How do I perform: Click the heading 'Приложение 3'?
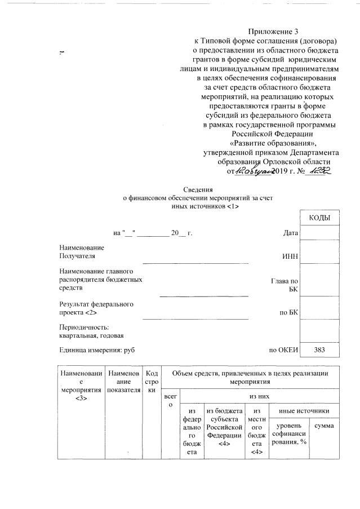(272, 32)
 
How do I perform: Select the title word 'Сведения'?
(198, 190)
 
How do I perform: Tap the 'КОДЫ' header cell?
(319, 218)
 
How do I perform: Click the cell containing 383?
(319, 350)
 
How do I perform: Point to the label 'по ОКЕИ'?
(283, 350)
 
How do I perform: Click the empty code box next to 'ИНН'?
(319, 252)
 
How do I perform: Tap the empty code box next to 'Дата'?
(319, 232)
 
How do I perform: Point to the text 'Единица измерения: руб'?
(97, 350)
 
